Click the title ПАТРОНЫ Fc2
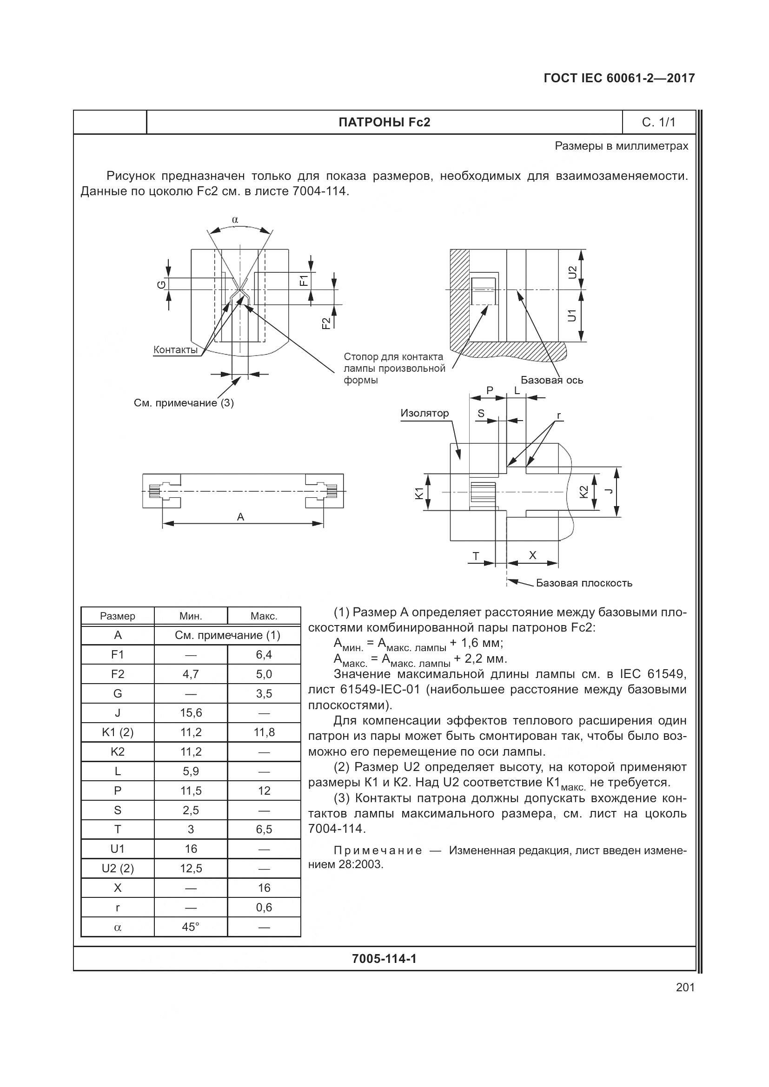[384, 122]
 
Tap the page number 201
[685, 987]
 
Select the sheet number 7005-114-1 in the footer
[384, 959]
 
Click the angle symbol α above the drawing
[235, 220]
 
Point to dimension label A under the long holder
[240, 516]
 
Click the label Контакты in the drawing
[175, 350]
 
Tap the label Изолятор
[424, 413]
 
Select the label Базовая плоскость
[584, 583]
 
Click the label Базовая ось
[552, 380]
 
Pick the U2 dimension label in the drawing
[572, 272]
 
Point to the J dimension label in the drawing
[610, 491]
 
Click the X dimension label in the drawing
[533, 555]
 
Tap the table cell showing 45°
[191, 927]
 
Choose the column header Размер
[118, 616]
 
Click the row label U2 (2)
[118, 868]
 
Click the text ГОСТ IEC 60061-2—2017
[619, 78]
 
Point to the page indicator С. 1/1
[658, 122]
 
